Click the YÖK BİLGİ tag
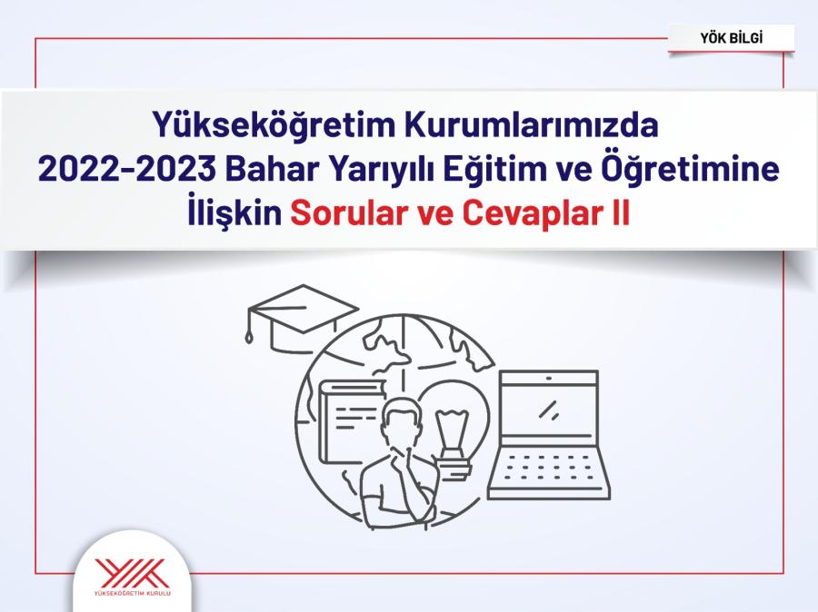point(731,38)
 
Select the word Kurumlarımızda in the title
point(531,125)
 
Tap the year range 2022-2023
point(126,170)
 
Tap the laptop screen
point(548,410)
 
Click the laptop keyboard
point(549,468)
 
